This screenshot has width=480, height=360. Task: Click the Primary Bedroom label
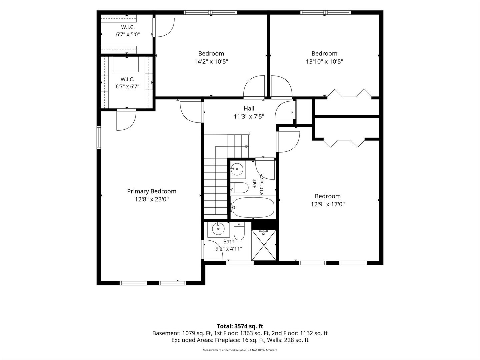tap(152, 191)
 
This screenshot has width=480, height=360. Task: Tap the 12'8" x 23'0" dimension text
tap(152, 199)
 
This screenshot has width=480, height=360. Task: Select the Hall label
tap(249, 108)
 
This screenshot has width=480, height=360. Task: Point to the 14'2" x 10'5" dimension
tap(211, 62)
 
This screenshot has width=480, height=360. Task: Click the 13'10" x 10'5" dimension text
tap(324, 62)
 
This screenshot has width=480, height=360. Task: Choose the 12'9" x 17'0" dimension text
tap(328, 204)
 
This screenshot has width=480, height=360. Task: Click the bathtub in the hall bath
tap(253, 207)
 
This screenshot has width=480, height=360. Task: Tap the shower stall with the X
tap(264, 245)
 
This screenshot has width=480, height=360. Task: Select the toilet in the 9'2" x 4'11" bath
tap(239, 231)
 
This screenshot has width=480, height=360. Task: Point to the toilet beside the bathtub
tap(239, 188)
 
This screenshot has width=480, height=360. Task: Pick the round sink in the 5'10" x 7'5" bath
tap(237, 169)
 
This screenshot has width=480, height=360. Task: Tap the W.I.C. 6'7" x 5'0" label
tap(128, 31)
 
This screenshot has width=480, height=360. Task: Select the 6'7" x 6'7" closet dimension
tap(127, 87)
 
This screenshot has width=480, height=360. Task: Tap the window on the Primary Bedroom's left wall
tap(99, 137)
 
